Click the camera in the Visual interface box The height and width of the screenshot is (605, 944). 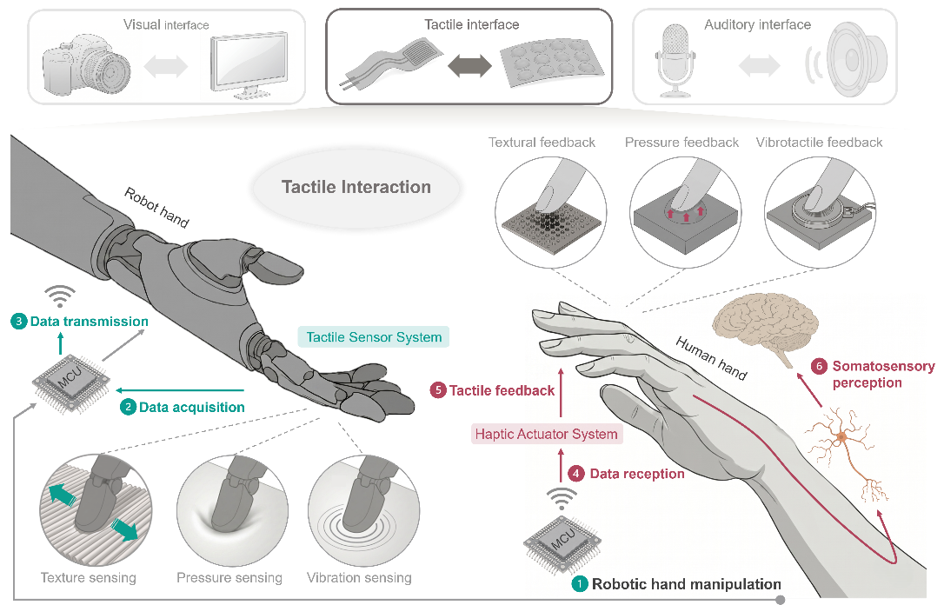click(86, 65)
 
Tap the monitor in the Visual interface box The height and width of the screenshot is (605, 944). click(248, 64)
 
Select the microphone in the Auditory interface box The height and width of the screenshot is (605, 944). click(675, 60)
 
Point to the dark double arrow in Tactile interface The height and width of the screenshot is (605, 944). click(469, 65)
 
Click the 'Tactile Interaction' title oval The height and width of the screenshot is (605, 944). click(356, 187)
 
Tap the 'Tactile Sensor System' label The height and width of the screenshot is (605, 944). click(374, 337)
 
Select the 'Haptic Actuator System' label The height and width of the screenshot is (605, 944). click(547, 434)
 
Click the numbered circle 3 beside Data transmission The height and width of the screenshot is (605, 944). click(18, 322)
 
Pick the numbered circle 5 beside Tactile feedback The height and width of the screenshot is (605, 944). click(438, 390)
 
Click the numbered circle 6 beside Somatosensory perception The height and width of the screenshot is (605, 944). click(819, 366)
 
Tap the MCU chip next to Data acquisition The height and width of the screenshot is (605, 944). click(71, 382)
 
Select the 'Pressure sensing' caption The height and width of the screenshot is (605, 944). click(229, 578)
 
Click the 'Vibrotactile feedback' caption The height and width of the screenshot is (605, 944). click(819, 143)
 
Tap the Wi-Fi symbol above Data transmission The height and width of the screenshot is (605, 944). click(60, 296)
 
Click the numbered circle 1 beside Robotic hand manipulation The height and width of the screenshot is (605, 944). click(580, 584)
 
